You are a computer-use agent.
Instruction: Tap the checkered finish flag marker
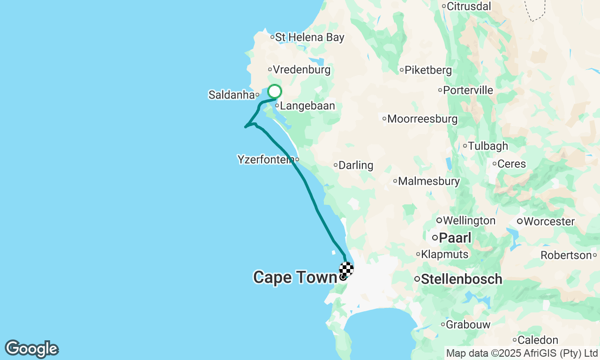(x=346, y=269)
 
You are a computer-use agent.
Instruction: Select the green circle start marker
(x=275, y=91)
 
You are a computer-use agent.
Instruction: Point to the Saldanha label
(x=231, y=95)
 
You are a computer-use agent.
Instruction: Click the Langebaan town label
(x=307, y=106)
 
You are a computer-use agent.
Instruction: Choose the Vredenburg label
(x=301, y=70)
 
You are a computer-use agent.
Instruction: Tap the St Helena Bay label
(x=309, y=37)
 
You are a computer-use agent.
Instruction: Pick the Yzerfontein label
(x=266, y=160)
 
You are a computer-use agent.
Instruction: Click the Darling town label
(x=356, y=165)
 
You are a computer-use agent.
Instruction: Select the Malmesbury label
(x=428, y=181)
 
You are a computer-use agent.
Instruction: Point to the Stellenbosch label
(x=461, y=279)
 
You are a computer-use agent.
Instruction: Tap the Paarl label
(x=455, y=238)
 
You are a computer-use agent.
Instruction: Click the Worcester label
(x=549, y=221)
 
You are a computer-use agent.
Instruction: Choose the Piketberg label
(x=428, y=70)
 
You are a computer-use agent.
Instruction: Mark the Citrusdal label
(x=469, y=7)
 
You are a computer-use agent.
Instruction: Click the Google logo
(x=31, y=349)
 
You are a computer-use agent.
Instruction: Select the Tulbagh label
(x=488, y=146)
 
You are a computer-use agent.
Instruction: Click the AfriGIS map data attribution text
(x=522, y=353)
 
